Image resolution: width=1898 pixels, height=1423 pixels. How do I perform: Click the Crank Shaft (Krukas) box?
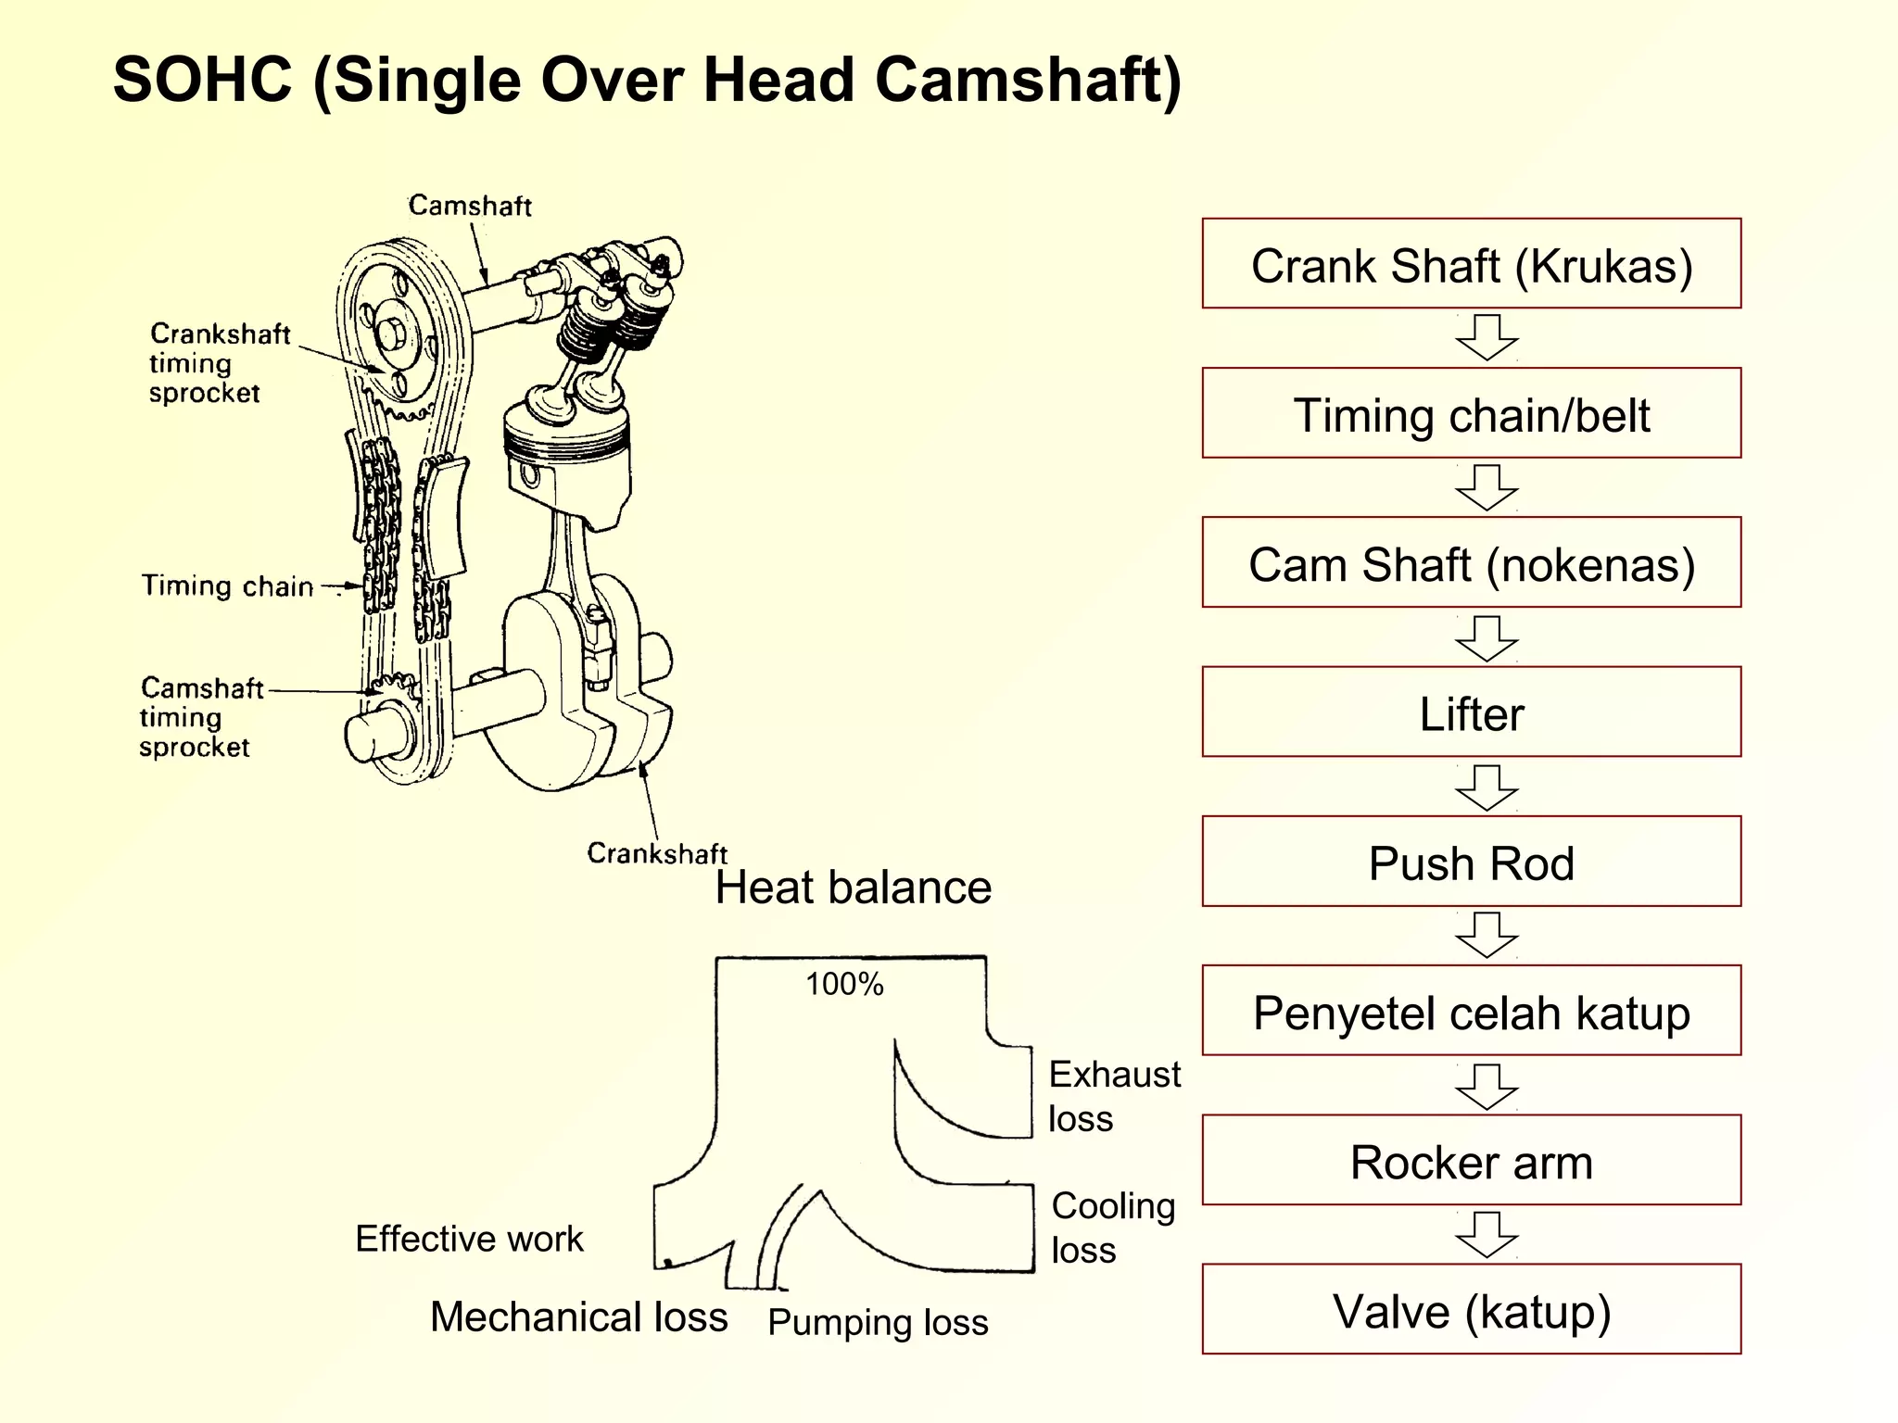coord(1471,264)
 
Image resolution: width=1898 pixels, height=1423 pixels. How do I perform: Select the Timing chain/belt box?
coord(1471,413)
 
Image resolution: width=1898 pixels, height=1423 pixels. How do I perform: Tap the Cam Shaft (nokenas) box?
coord(1471,562)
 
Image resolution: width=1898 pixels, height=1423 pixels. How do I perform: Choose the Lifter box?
coord(1471,711)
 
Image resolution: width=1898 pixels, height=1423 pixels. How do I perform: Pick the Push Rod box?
coord(1471,862)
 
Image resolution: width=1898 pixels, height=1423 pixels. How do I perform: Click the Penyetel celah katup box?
coord(1471,1011)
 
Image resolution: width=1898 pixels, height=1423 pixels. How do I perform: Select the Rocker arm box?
coord(1471,1160)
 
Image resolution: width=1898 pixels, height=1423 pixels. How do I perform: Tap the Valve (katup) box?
coord(1471,1309)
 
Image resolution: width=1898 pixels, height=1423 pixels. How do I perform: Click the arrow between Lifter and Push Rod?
coord(1487,787)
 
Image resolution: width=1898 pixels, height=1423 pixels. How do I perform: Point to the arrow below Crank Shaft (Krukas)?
coord(1487,337)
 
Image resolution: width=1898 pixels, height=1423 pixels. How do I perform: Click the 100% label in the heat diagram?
coord(844,984)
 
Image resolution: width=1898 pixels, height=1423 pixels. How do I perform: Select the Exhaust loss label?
coord(1114,1096)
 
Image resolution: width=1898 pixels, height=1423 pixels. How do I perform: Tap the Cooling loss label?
coord(1113,1228)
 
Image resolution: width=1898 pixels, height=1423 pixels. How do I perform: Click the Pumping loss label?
coord(878,1322)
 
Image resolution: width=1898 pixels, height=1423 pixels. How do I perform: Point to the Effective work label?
coord(469,1239)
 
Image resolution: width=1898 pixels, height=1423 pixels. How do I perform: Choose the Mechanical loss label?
coord(579,1316)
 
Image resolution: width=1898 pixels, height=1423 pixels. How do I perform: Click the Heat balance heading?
coord(854,888)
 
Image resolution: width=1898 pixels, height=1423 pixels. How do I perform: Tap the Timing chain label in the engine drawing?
coord(228,586)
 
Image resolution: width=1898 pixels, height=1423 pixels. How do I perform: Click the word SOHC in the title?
coord(203,80)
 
